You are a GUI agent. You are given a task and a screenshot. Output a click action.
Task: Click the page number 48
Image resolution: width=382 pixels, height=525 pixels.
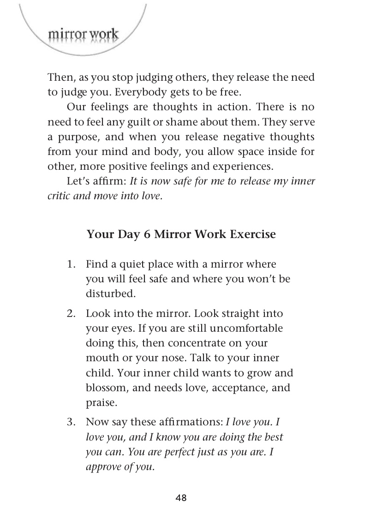click(x=181, y=497)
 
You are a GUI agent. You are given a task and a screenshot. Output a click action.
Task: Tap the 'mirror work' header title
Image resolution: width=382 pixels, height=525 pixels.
click(x=83, y=34)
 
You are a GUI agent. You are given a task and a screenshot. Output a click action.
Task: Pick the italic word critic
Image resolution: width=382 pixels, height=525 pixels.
click(x=60, y=196)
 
